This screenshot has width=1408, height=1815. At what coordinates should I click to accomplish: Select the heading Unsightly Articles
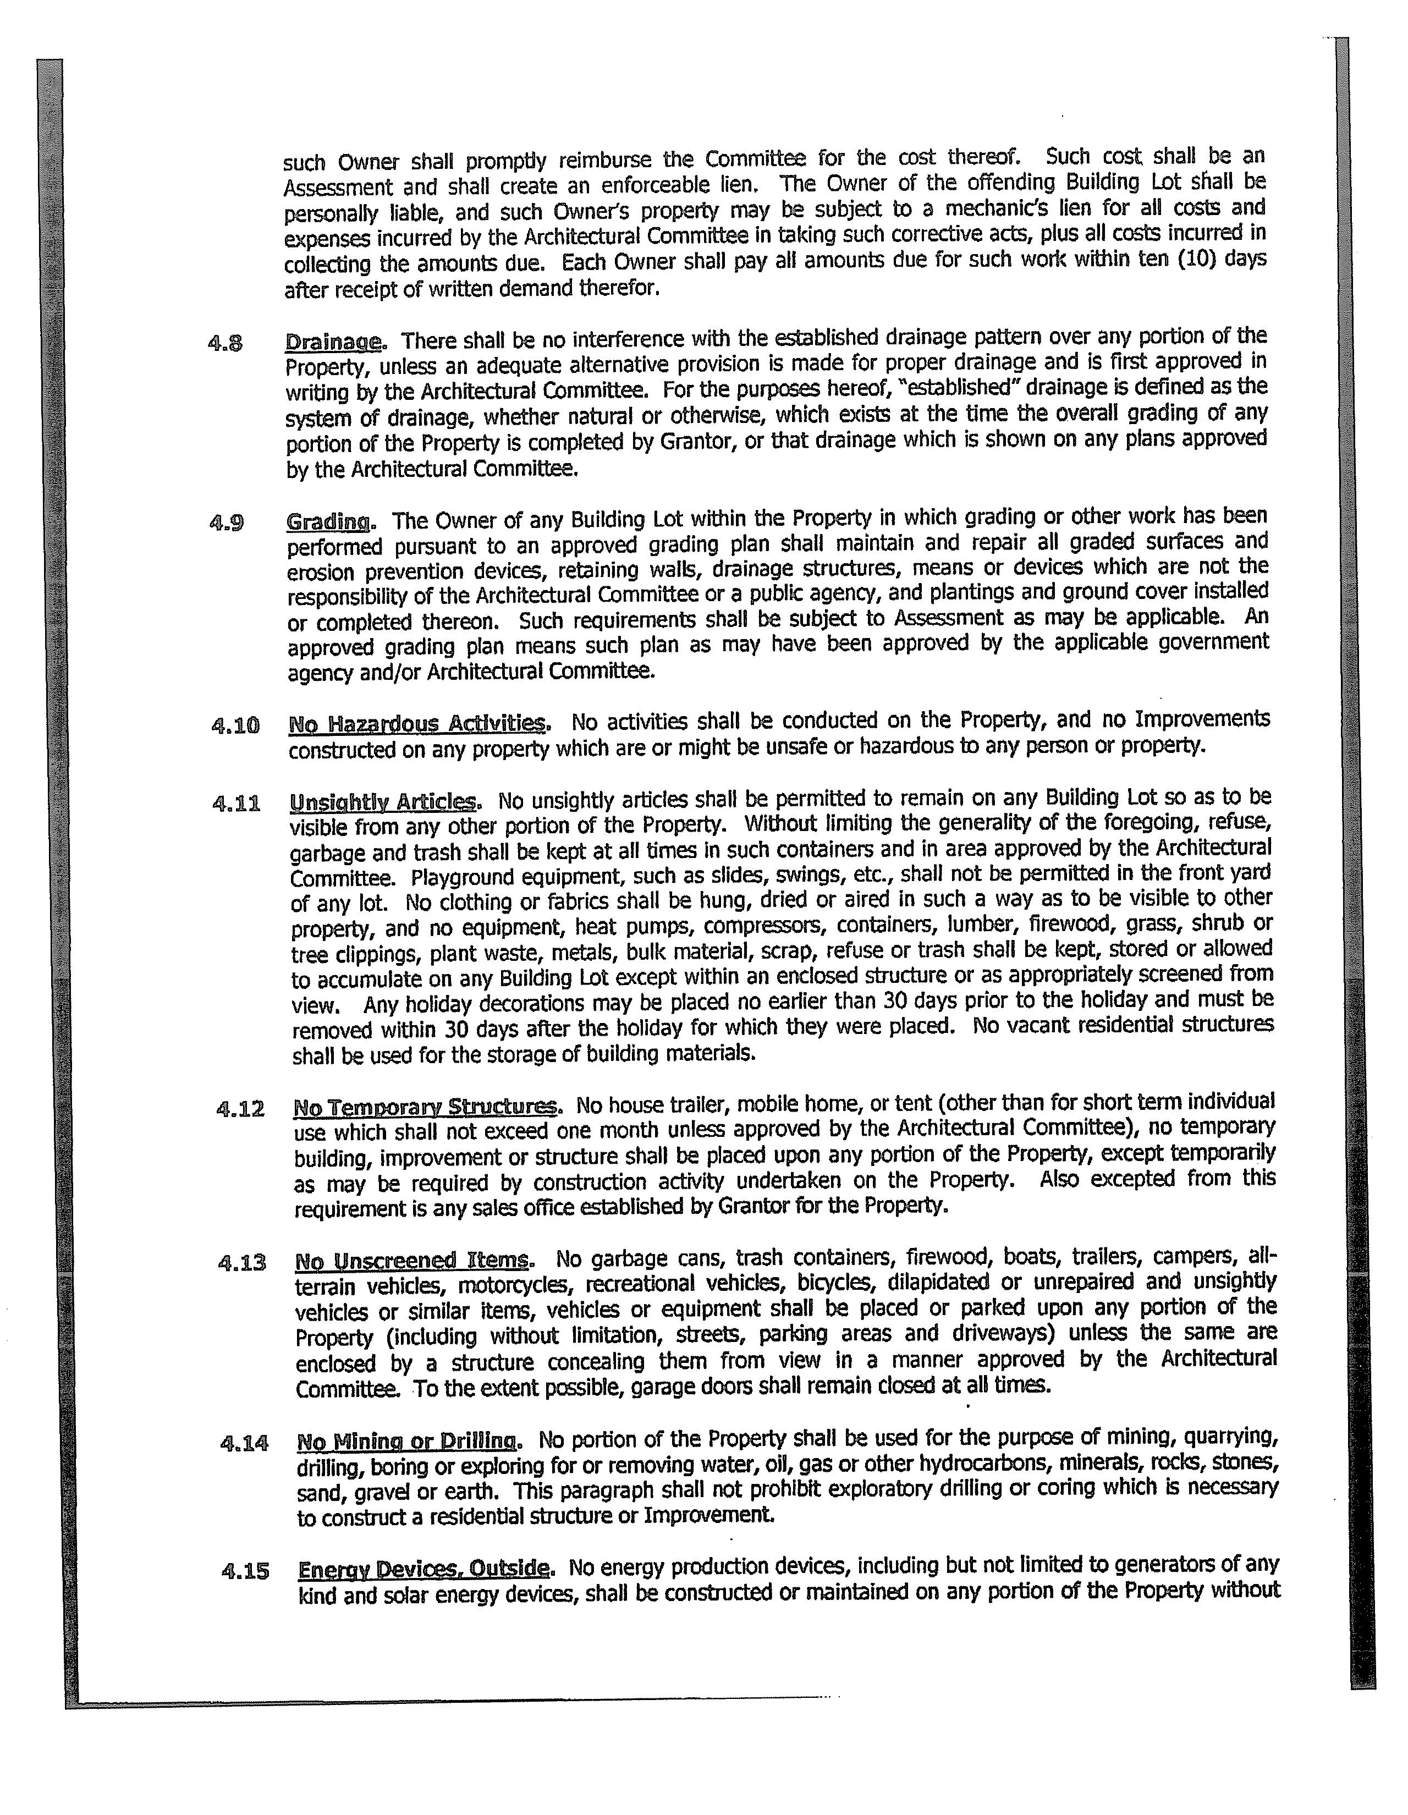pyautogui.click(x=384, y=802)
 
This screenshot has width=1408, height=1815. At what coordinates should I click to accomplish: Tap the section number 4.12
pyautogui.click(x=240, y=1109)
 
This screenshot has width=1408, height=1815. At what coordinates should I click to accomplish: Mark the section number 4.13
pyautogui.click(x=242, y=1263)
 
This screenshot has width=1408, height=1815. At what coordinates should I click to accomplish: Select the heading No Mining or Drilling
pyautogui.click(x=407, y=1441)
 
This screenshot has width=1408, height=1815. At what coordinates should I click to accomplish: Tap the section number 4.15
pyautogui.click(x=246, y=1571)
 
